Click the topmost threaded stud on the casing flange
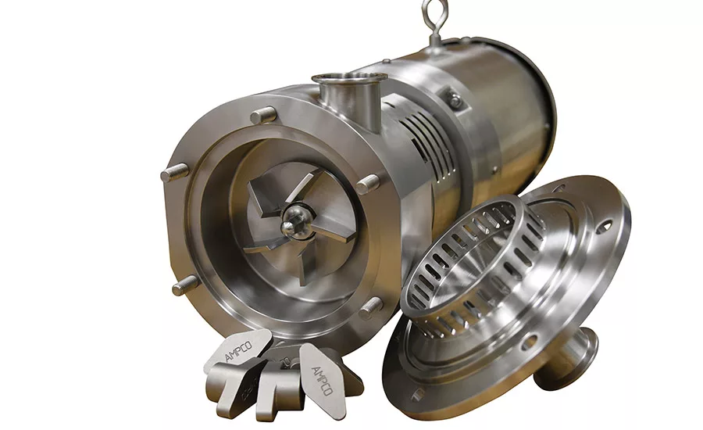coord(263,115)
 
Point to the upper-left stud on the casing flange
coord(175,172)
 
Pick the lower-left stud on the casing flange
coord(184,285)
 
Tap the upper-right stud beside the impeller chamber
coord(368,184)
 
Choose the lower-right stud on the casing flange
coord(371,308)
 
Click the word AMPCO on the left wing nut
coord(238,351)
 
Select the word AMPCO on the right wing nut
coord(322,381)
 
